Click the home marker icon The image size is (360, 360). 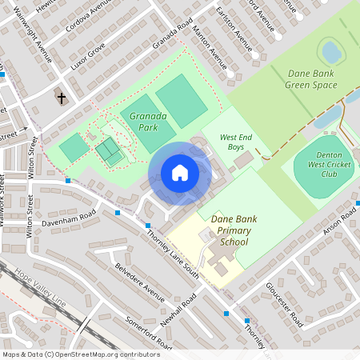(180, 173)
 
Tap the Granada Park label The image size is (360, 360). (149, 121)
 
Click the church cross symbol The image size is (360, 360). (62, 98)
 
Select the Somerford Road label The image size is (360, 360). (149, 331)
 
